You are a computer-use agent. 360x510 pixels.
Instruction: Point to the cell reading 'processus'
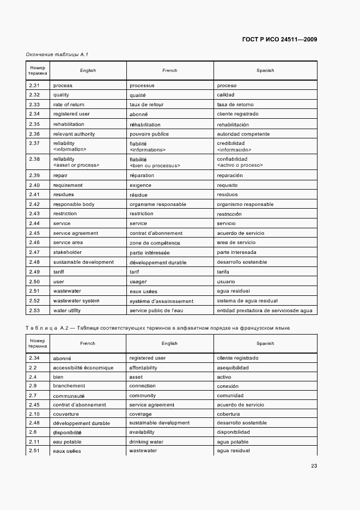coord(142,86)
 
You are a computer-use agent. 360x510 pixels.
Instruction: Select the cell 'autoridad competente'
coord(243,134)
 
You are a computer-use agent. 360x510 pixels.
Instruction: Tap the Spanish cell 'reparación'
coord(230,175)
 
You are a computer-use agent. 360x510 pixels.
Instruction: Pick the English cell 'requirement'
coord(69,185)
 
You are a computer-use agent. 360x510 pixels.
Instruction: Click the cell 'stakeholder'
coord(68,253)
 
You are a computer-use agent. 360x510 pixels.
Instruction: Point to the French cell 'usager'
coord(138,282)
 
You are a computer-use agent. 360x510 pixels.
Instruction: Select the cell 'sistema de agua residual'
coord(247,301)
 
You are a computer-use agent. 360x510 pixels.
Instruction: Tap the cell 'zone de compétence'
coord(155,243)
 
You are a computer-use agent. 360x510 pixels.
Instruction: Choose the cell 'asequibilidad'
coord(233,368)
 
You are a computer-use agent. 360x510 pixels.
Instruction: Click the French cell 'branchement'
coord(69,386)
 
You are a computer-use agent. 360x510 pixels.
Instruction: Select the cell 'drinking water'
coord(147,442)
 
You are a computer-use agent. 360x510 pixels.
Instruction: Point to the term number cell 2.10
coord(34,414)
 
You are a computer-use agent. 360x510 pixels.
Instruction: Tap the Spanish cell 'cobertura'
coord(228,414)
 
